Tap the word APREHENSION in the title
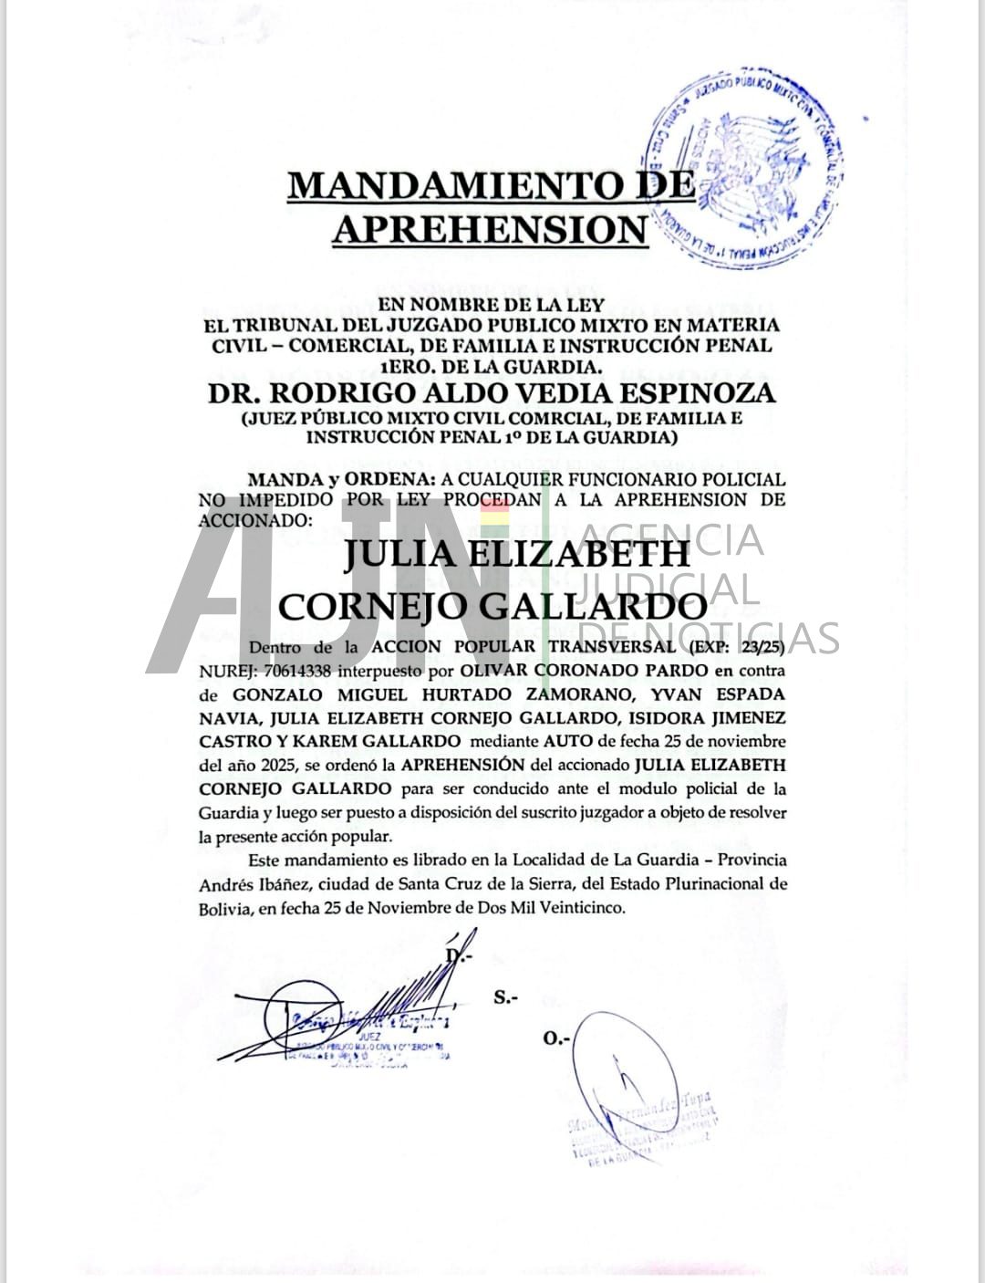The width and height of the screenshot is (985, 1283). point(488,228)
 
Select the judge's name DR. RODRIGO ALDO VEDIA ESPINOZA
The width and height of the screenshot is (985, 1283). point(492,393)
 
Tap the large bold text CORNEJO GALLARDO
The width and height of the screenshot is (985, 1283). point(492,606)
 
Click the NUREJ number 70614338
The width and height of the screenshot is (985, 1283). point(291,670)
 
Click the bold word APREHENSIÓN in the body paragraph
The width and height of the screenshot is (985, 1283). point(462,765)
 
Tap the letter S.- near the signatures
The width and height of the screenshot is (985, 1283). point(505,997)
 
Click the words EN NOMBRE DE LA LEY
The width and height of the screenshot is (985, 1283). point(492,306)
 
